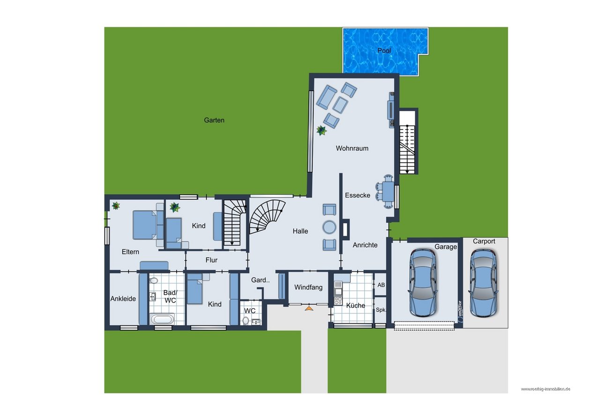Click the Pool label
[x=384, y=51]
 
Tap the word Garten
[x=214, y=120]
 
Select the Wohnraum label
[x=352, y=148]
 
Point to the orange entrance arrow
[x=309, y=308]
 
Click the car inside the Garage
[x=423, y=282]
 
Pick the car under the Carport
[x=483, y=282]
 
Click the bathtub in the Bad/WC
[x=162, y=319]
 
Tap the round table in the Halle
[x=330, y=227]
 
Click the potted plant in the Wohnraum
[x=322, y=130]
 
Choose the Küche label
[x=355, y=305]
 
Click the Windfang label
[x=308, y=287]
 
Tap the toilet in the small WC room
[x=246, y=321]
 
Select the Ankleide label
[x=123, y=298]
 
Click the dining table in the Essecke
[x=388, y=191]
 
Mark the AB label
[x=381, y=285]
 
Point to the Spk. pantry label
[x=381, y=310]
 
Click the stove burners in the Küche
[x=338, y=301]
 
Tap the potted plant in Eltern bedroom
[x=115, y=205]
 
